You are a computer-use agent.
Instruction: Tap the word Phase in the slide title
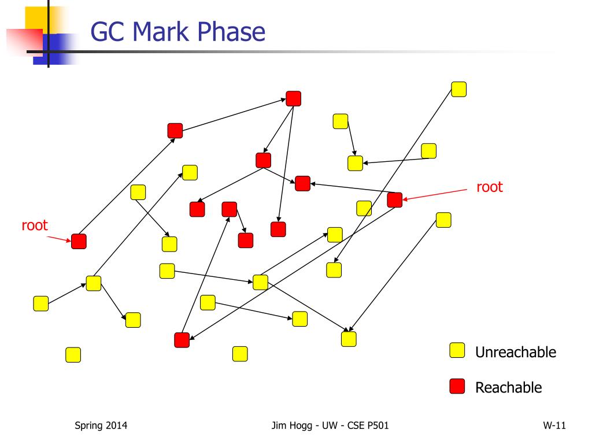coord(234,32)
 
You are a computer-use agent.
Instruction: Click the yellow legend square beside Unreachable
coord(457,350)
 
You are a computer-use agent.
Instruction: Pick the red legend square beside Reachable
coord(457,386)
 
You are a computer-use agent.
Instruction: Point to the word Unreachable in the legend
coord(515,352)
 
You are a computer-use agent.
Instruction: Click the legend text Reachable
coord(508,387)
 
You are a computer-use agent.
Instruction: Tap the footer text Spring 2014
coord(101,426)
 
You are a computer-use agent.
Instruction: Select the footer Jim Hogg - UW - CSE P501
coord(330,426)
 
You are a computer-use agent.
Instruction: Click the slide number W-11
coord(554,426)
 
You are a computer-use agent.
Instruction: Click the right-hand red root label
coord(489,187)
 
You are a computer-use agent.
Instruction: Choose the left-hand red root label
coord(35,225)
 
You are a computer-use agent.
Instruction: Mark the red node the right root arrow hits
coord(395,200)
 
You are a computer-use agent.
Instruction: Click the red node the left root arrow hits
coord(79,241)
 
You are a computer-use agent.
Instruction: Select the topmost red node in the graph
coord(294,99)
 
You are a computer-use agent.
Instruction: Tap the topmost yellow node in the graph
coord(459,89)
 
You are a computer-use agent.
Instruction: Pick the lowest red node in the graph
coord(182,341)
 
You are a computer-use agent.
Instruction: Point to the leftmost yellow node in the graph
coord(41,304)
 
